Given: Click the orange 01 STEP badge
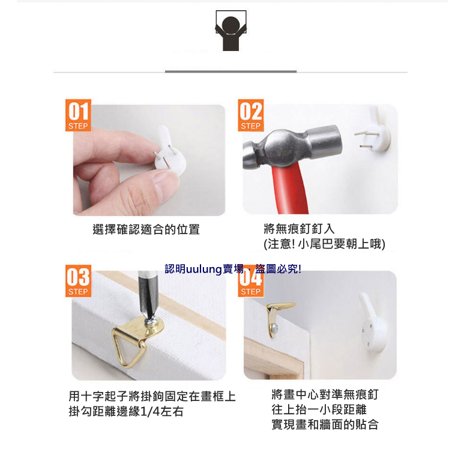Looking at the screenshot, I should (x=78, y=115).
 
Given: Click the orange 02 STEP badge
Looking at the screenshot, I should (x=250, y=115).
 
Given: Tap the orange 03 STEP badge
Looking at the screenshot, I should (x=78, y=281).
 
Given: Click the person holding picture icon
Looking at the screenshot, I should (x=231, y=31).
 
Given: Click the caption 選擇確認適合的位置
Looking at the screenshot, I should (x=146, y=229).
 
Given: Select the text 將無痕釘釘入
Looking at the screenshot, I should (x=299, y=229).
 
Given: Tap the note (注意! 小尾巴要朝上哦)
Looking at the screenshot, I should (x=324, y=244).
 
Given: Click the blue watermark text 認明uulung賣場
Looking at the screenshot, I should (x=204, y=269).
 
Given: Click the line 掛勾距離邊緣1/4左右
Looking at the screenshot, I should (x=126, y=412).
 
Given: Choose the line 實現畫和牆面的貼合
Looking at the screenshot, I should (x=325, y=424).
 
